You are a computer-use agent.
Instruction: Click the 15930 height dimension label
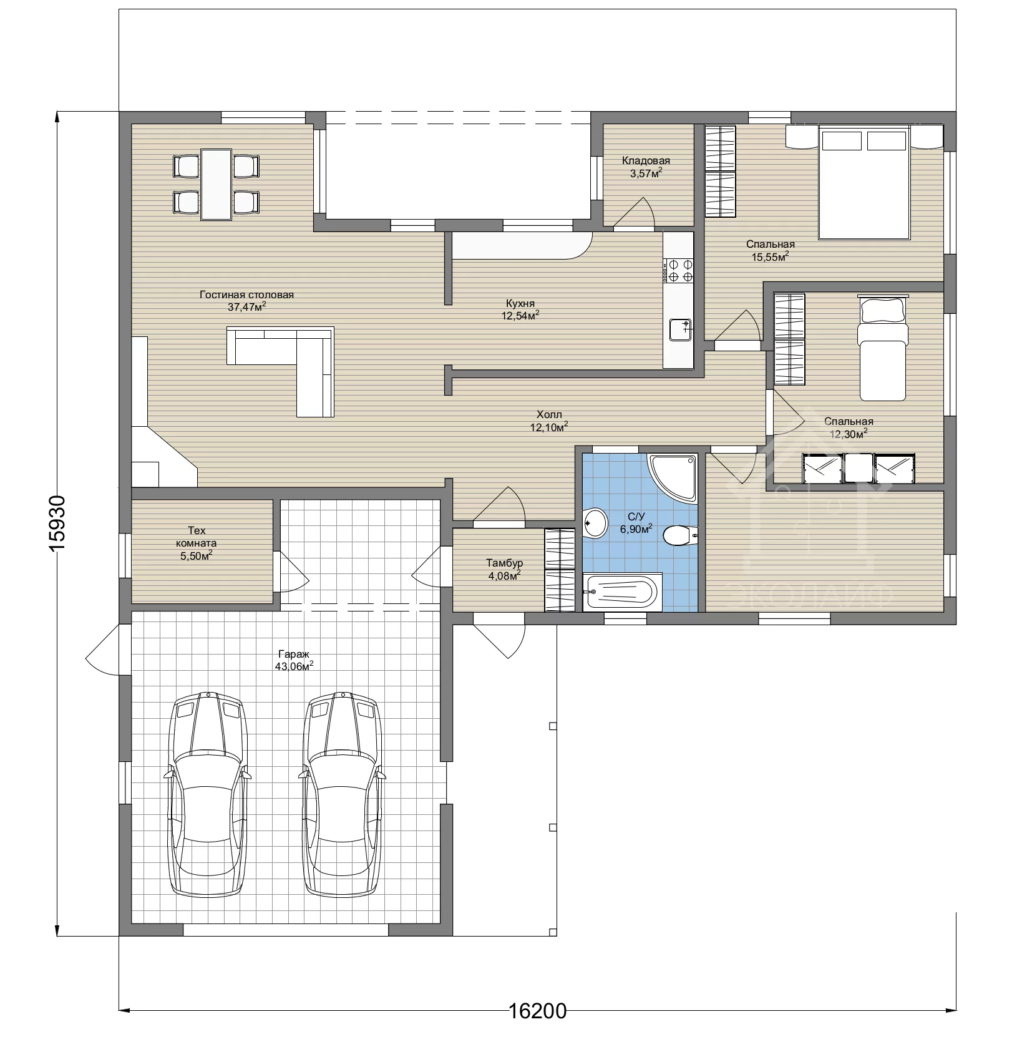click(x=57, y=523)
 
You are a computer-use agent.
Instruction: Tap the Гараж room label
click(x=293, y=655)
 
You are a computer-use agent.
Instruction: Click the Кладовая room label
click(x=646, y=161)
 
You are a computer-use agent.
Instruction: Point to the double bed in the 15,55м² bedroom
click(x=865, y=182)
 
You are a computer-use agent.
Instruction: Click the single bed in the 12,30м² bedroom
click(x=882, y=348)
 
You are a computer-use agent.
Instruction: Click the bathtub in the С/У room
click(x=620, y=592)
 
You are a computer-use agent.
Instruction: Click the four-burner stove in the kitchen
click(x=678, y=270)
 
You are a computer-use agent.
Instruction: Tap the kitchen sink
click(x=680, y=329)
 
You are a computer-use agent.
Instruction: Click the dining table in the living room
click(x=216, y=184)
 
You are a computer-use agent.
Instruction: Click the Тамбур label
click(x=504, y=563)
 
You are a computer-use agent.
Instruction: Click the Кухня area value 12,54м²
click(x=520, y=316)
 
